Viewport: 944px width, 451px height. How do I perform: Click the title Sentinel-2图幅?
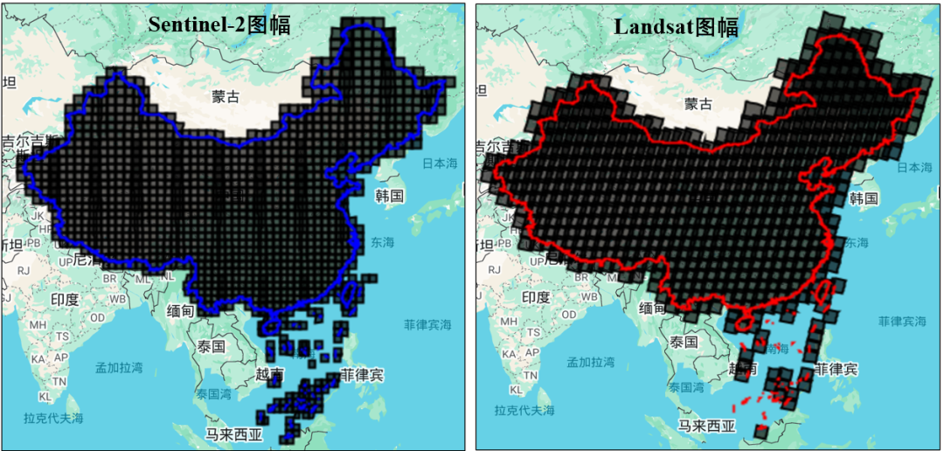(x=219, y=24)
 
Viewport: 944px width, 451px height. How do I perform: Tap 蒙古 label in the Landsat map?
(x=698, y=105)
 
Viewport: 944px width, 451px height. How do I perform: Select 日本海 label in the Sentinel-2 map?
(x=440, y=163)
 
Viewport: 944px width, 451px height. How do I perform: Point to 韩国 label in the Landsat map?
(x=863, y=198)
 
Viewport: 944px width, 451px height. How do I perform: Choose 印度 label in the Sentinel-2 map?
(x=64, y=300)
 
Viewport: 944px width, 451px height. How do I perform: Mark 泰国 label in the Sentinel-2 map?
(x=212, y=346)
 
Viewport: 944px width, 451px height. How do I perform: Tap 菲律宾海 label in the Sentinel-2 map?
(x=427, y=324)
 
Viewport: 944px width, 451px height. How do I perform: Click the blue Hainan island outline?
(x=270, y=326)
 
